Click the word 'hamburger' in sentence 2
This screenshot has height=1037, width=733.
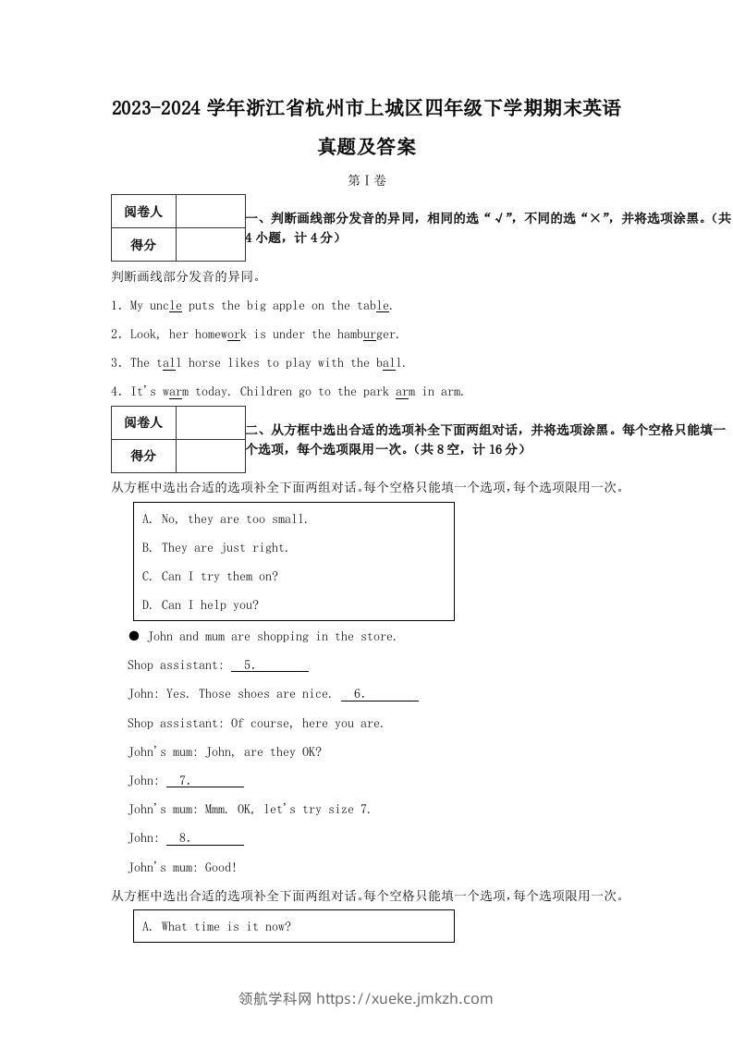click(x=367, y=335)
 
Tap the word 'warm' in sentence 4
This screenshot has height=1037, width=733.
click(x=175, y=392)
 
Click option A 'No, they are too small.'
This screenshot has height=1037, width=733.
click(x=225, y=519)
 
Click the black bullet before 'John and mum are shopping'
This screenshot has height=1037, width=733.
click(x=134, y=636)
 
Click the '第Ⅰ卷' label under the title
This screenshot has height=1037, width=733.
click(x=367, y=180)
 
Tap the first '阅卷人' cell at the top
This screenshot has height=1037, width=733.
click(x=143, y=212)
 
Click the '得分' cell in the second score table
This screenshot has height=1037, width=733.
click(x=143, y=456)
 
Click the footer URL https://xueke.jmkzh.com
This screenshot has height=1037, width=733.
click(x=404, y=999)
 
